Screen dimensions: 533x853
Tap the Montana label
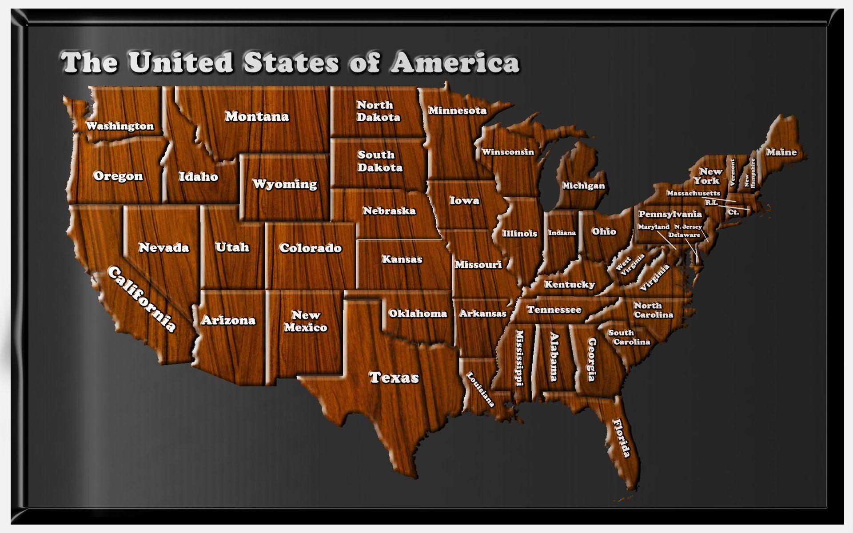[257, 116]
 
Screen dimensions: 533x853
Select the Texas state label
[394, 378]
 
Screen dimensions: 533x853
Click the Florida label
[622, 438]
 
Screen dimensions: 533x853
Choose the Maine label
[781, 152]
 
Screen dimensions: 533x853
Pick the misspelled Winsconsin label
[508, 152]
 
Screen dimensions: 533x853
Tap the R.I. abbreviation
[711, 203]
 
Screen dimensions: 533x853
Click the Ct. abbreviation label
[733, 212]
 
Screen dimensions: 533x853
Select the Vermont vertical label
[732, 172]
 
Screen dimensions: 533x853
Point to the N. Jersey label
[688, 227]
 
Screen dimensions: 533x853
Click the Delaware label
[684, 235]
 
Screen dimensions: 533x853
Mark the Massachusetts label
[693, 193]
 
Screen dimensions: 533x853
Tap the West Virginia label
[630, 265]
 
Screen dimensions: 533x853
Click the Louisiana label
[480, 390]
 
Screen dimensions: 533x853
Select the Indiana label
[562, 233]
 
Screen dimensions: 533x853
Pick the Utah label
[232, 247]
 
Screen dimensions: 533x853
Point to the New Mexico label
[306, 321]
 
